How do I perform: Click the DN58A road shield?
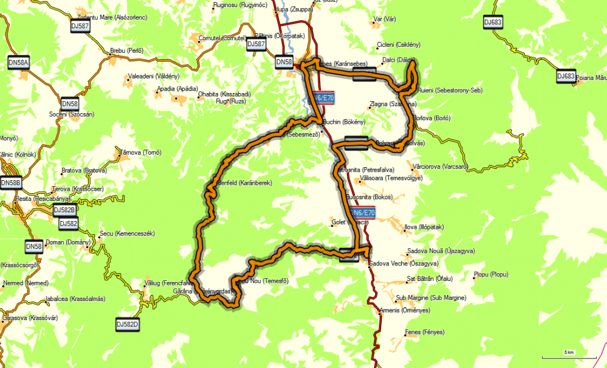(x=19, y=62)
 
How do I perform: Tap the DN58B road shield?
(x=11, y=184)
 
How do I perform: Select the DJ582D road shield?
(x=127, y=325)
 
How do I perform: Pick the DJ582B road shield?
(x=65, y=210)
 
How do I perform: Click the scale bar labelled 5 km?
(x=568, y=356)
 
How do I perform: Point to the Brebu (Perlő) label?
(x=127, y=51)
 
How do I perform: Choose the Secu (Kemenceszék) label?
(x=127, y=233)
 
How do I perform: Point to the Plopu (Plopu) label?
(x=491, y=274)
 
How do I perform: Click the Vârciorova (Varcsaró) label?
(x=442, y=167)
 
